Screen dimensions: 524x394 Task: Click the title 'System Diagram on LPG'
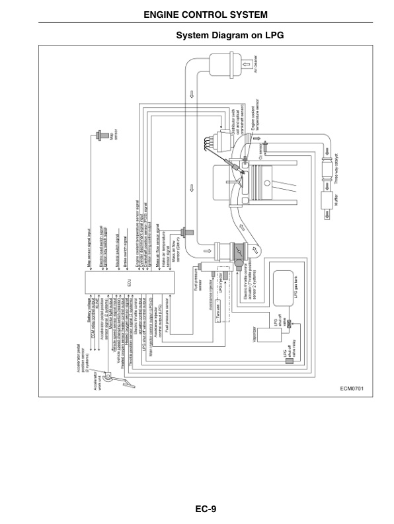click(229, 35)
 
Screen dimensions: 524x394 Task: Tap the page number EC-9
click(206, 509)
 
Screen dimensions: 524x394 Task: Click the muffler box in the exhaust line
click(326, 202)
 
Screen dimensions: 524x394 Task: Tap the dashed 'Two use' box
click(221, 313)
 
